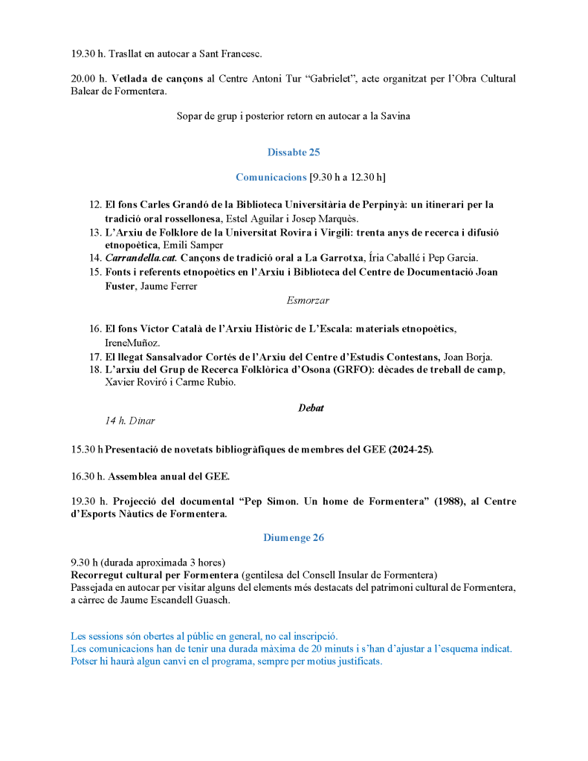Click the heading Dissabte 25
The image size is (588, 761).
[294, 152]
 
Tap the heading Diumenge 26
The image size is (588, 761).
[294, 537]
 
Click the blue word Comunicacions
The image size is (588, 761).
[271, 177]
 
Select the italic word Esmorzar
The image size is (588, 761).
[308, 300]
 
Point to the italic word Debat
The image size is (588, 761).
[311, 408]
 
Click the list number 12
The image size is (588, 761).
[95, 204]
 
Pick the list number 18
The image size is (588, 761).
[95, 370]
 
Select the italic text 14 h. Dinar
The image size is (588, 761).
[130, 421]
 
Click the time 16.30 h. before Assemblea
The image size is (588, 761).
[89, 476]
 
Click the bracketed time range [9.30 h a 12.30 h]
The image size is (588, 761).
[348, 177]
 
